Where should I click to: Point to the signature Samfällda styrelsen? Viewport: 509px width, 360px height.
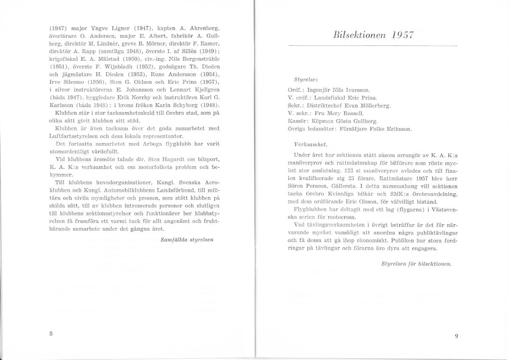click(x=187, y=239)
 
